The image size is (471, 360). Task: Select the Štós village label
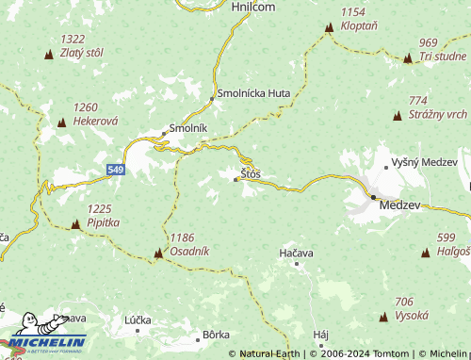pos(251,174)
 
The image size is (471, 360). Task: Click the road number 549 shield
pos(115,169)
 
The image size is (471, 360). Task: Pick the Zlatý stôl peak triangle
pos(49,54)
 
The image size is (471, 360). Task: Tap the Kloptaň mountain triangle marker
pos(329,28)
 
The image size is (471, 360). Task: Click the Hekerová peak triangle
pos(61,123)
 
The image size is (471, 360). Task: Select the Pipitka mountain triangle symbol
pos(75,224)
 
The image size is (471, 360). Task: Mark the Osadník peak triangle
pos(158,254)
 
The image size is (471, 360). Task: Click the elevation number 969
pos(429,42)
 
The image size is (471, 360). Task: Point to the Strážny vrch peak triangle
pos(397,115)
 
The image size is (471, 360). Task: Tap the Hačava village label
pos(295,254)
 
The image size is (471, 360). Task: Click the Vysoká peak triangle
pos(383,316)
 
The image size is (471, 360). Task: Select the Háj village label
pos(320,335)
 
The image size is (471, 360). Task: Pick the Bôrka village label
pos(216,335)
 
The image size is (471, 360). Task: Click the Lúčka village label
pos(138,320)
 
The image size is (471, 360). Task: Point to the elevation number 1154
pos(353,11)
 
